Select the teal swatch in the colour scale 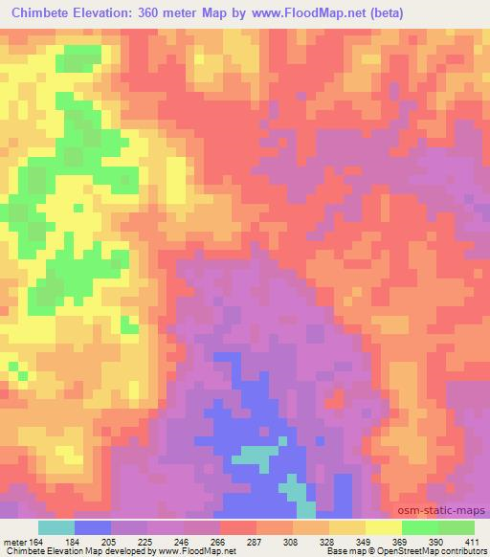pos(56,527)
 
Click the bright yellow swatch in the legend pos(383,527)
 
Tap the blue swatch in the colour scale pos(93,527)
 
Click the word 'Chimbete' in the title pos(44,13)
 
